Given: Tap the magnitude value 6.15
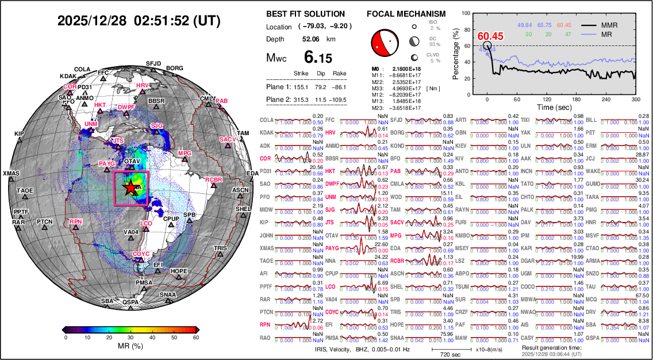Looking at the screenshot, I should (318, 58).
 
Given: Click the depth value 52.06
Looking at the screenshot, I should (310, 39).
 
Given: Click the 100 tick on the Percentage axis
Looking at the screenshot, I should (474, 11).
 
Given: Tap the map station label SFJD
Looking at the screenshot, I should (153, 63).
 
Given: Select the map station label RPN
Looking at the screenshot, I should (76, 222).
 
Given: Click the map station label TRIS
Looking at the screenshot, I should (220, 248).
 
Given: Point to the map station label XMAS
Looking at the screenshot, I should (10, 174).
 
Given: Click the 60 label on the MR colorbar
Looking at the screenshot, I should (196, 338).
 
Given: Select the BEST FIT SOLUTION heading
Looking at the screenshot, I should (306, 14).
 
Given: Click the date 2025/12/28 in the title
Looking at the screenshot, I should (92, 21).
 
